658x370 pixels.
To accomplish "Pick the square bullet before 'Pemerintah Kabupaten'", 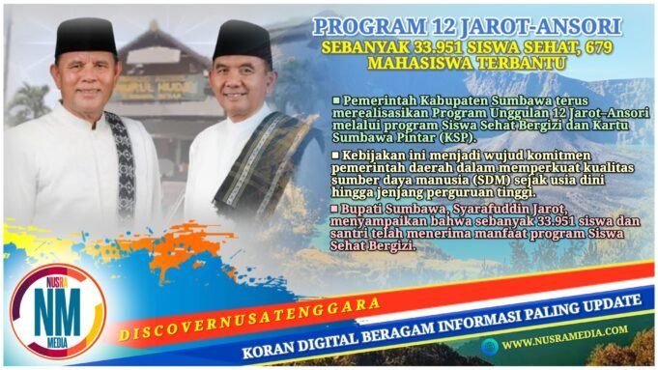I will pos(336,100).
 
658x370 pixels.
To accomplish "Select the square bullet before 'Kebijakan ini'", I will pos(336,153).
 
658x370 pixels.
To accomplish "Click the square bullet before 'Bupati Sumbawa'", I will pos(335,206).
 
